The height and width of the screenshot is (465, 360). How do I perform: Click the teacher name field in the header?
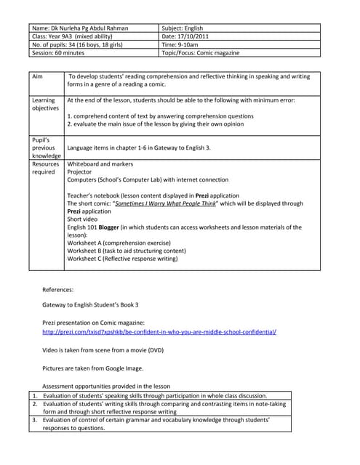pyautogui.click(x=80, y=28)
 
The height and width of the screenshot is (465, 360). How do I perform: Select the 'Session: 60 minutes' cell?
pyautogui.click(x=62, y=53)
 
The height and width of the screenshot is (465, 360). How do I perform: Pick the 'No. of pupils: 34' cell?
pyautogui.click(x=77, y=44)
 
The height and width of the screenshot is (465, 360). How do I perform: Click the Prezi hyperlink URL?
pyautogui.click(x=159, y=331)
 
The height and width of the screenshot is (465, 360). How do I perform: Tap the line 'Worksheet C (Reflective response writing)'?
pyautogui.click(x=122, y=258)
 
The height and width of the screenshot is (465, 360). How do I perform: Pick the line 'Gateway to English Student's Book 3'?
pyautogui.click(x=90, y=304)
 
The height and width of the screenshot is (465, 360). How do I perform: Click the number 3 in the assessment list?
pyautogui.click(x=33, y=420)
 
